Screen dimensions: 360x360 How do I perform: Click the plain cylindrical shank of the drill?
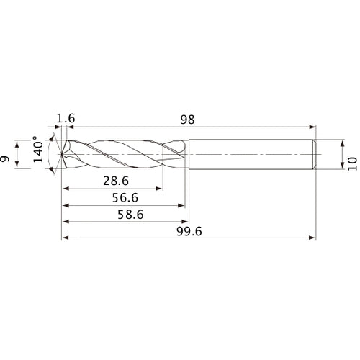(x=252, y=154)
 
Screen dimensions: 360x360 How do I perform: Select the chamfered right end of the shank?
(x=315, y=154)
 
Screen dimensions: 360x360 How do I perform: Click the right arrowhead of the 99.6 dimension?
(x=313, y=238)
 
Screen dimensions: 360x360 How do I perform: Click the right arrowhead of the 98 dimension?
(x=313, y=127)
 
